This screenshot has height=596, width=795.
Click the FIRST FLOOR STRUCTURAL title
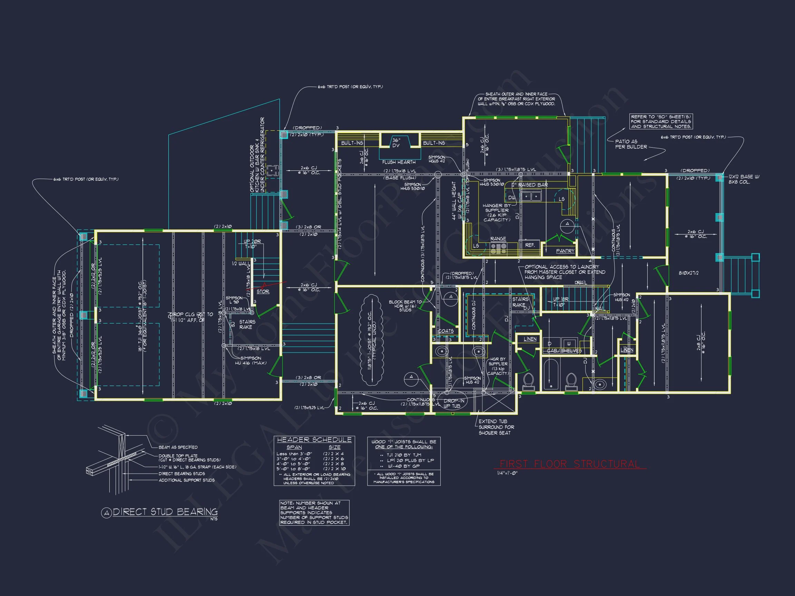(x=570, y=464)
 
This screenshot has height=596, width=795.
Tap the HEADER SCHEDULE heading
(x=314, y=440)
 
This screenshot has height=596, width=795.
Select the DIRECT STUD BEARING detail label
(x=165, y=512)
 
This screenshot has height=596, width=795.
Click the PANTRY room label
(x=565, y=251)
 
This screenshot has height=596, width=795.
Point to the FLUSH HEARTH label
(x=399, y=162)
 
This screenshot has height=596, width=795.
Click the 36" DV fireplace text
(x=396, y=143)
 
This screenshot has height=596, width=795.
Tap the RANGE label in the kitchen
(x=498, y=239)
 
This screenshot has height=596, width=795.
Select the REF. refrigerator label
(x=530, y=245)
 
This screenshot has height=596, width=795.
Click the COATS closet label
(x=446, y=331)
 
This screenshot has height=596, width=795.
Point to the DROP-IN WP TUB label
(x=454, y=403)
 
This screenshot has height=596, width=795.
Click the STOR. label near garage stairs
(x=263, y=291)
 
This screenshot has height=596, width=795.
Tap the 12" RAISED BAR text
(x=529, y=185)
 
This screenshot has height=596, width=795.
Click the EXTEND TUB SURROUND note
(x=496, y=427)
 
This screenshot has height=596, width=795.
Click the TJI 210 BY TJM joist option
(x=404, y=455)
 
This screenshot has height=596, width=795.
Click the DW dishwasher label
(x=511, y=198)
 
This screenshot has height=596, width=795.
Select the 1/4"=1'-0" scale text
(x=507, y=473)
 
